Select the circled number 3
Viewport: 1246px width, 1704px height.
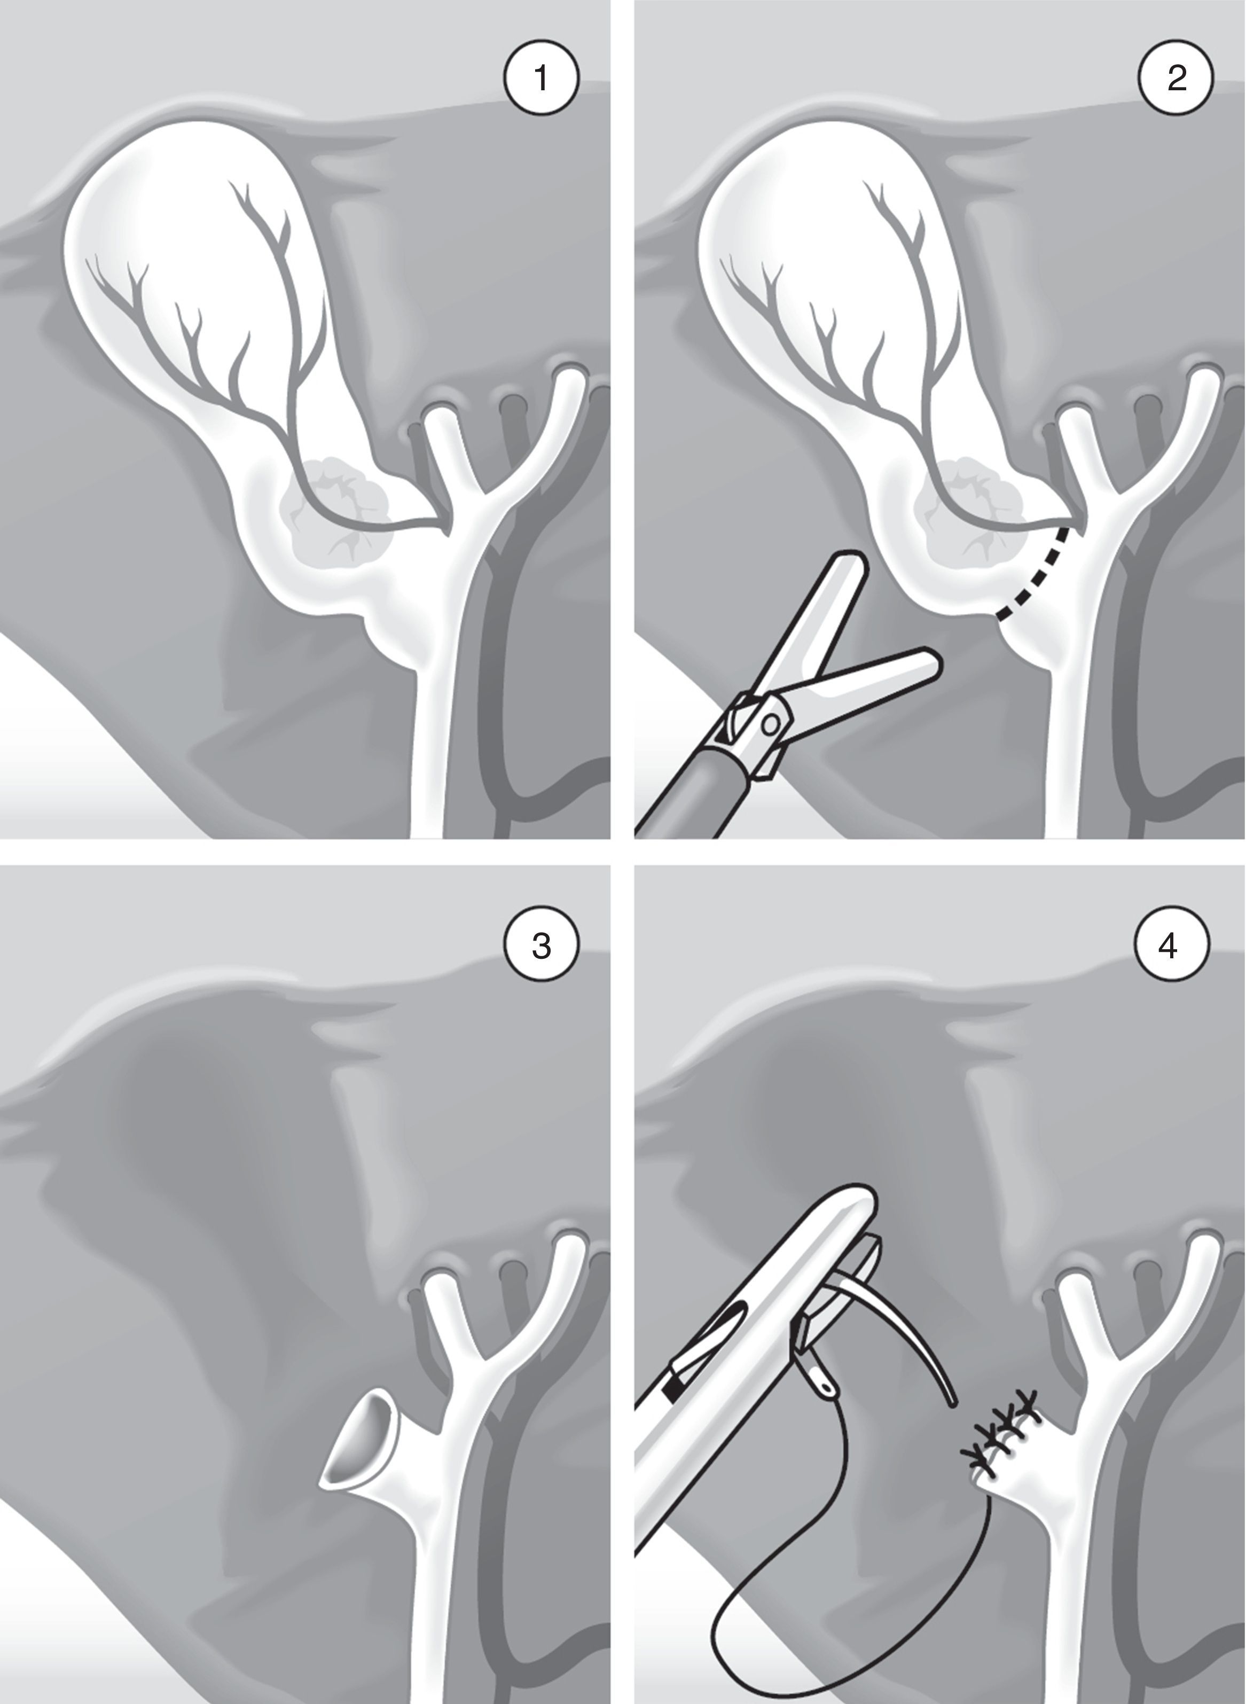point(541,945)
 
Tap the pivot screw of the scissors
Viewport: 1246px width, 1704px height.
point(770,725)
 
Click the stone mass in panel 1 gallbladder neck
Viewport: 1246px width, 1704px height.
point(335,505)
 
